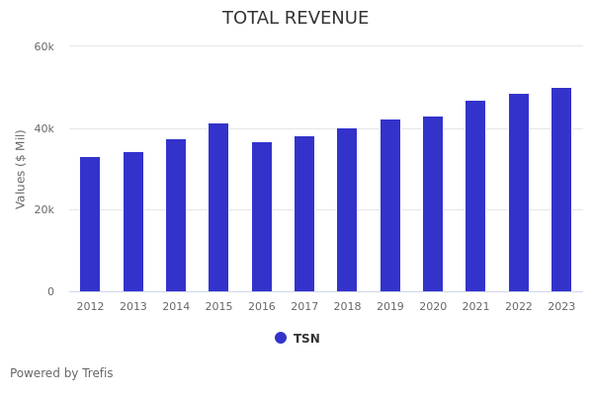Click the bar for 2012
pos(90,224)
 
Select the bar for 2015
pos(218,207)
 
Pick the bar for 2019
pos(390,205)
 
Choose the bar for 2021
pos(475,197)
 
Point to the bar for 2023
pos(561,190)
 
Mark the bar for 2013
pos(133,222)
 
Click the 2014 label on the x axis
pos(176,307)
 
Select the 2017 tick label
pos(304,307)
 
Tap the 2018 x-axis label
pos(347,307)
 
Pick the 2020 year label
pos(433,307)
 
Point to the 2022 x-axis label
pos(519,307)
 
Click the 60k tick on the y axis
pos(44,46)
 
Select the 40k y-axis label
pos(44,128)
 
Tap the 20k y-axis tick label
pos(44,210)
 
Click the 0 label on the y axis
pos(50,292)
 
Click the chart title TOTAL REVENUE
pos(296,19)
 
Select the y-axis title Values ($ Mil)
pos(21,169)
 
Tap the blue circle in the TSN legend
pos(281,338)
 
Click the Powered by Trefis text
pos(61,373)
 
